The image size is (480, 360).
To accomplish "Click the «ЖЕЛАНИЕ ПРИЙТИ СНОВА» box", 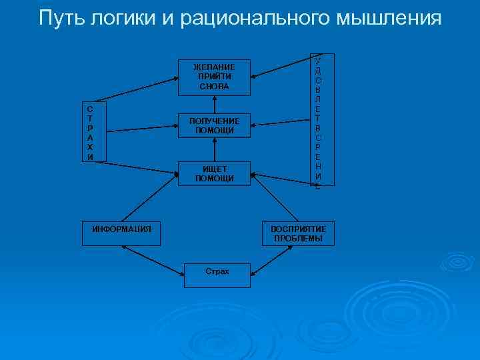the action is coord(214,76).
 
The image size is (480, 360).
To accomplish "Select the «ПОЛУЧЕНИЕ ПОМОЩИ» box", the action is coord(214,125).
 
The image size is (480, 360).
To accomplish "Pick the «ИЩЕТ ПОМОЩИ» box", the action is coord(214,173).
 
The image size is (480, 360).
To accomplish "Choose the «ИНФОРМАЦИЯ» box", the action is coord(121,229).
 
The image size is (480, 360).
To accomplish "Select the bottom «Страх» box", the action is coord(217,273).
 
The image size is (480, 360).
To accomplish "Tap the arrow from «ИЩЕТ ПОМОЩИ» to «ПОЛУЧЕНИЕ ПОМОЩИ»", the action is coord(214,149).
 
